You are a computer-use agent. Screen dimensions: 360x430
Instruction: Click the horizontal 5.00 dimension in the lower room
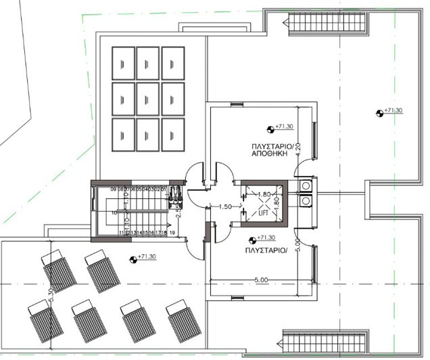261,279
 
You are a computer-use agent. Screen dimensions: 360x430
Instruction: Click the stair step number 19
172,233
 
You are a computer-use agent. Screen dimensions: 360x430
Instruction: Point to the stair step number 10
105,212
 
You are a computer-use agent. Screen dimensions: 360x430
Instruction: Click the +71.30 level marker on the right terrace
392,110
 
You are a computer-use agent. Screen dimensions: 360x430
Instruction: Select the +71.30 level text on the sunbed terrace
147,257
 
